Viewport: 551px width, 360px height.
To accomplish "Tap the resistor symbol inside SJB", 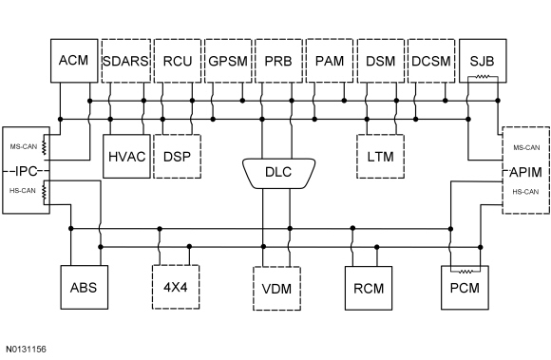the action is coord(483,76).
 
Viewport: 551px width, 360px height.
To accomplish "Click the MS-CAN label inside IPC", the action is coord(24,146).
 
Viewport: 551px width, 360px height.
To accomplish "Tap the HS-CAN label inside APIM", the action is coord(525,192).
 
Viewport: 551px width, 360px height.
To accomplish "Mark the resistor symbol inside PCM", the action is coord(465,271).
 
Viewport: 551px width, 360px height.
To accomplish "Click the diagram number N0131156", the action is coord(26,350).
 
